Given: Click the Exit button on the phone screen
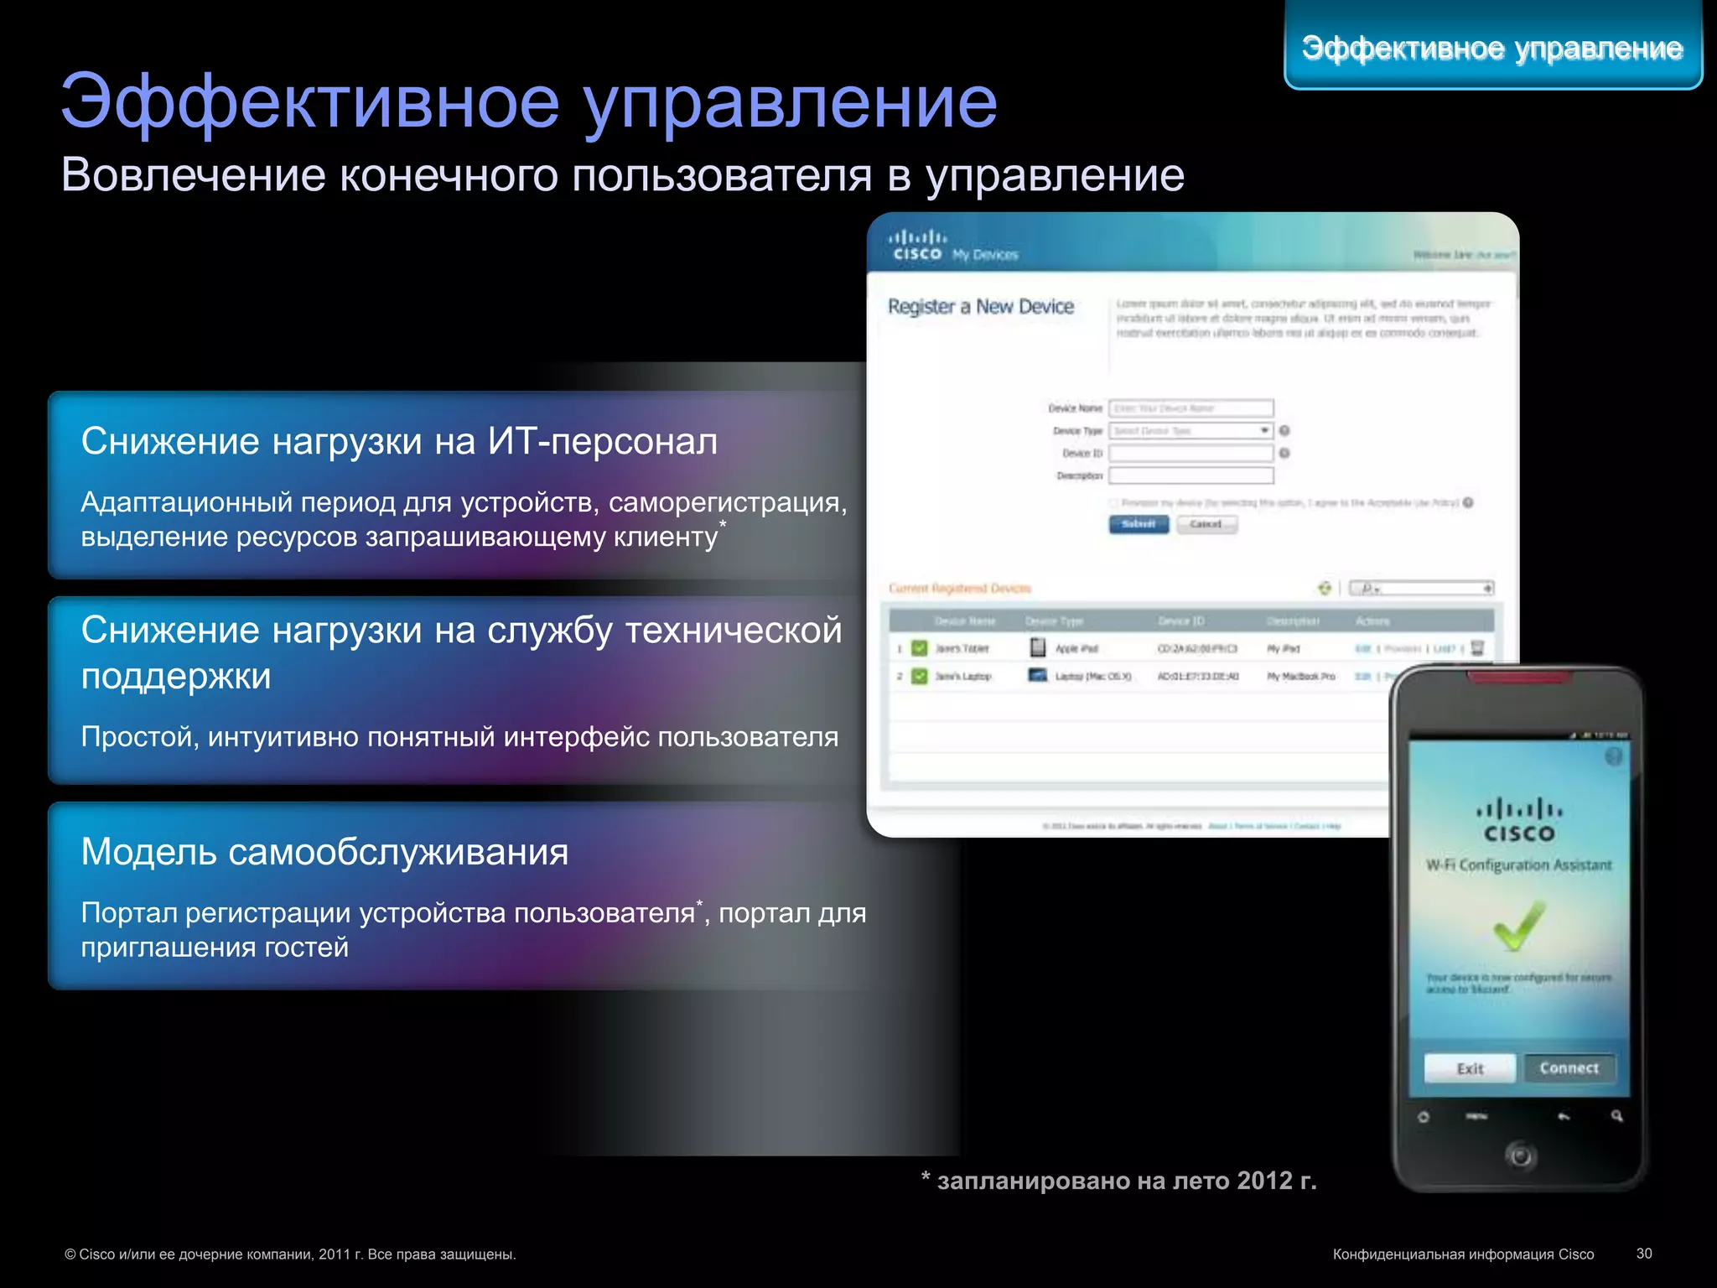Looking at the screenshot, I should pos(1470,1068).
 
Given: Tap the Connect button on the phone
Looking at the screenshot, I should pos(1569,1068).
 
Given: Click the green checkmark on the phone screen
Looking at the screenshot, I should pos(1518,926).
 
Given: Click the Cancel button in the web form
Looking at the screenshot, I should pos(1206,524).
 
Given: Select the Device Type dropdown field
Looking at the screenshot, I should pos(1190,431).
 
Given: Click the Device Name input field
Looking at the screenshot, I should pos(1190,408).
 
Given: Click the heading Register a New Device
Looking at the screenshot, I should pos(981,307).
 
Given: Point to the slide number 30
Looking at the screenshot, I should pos(1644,1254).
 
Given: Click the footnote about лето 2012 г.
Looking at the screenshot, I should pos(1118,1181).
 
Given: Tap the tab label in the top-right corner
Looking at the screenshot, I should pos(1492,48).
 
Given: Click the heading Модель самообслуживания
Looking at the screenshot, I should pos(324,852).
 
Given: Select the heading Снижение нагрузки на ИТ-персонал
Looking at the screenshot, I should pos(399,441).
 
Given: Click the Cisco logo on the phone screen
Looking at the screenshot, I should pos(1519,821).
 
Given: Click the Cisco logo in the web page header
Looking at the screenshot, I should pos(917,246).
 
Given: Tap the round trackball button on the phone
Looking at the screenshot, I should pos(1520,1156).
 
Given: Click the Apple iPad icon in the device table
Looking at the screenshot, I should pos(1038,648).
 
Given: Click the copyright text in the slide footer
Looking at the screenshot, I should pos(290,1254).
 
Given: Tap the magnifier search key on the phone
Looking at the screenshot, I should pos(1616,1116).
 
